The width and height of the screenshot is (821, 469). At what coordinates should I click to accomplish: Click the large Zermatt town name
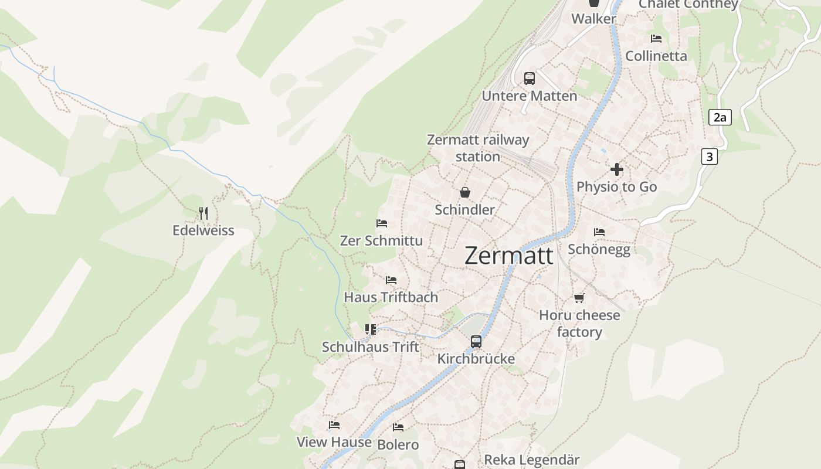(x=508, y=256)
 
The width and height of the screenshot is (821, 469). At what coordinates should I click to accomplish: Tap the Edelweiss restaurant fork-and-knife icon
(x=203, y=213)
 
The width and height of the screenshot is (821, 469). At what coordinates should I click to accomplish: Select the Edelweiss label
(x=203, y=230)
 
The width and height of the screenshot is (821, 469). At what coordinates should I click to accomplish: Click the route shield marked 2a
(x=720, y=117)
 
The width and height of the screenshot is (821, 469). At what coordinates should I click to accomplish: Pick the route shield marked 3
(x=710, y=157)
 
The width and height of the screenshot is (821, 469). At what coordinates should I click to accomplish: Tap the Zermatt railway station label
(x=478, y=148)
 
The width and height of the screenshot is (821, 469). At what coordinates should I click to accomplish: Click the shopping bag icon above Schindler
(x=464, y=192)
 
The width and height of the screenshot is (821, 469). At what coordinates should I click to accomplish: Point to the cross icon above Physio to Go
(x=616, y=169)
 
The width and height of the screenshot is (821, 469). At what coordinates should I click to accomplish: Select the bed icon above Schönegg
(x=599, y=232)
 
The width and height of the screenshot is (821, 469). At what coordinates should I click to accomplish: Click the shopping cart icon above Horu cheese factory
(x=579, y=298)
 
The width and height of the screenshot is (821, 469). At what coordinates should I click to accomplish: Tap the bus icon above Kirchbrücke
(x=476, y=341)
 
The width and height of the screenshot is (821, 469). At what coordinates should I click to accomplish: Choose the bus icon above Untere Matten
(x=530, y=78)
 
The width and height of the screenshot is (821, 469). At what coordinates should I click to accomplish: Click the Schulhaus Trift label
(x=371, y=347)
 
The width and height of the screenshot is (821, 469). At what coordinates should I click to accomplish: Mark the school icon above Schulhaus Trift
(x=370, y=329)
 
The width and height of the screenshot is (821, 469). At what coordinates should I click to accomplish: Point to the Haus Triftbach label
(x=391, y=297)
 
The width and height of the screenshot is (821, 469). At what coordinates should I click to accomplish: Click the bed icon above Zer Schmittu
(x=381, y=223)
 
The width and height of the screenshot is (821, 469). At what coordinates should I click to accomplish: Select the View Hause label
(x=334, y=442)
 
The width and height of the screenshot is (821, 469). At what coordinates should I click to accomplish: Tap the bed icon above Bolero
(x=398, y=427)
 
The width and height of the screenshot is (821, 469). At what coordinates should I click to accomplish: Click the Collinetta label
(x=656, y=56)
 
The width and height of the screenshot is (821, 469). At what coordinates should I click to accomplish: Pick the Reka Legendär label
(x=532, y=460)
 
